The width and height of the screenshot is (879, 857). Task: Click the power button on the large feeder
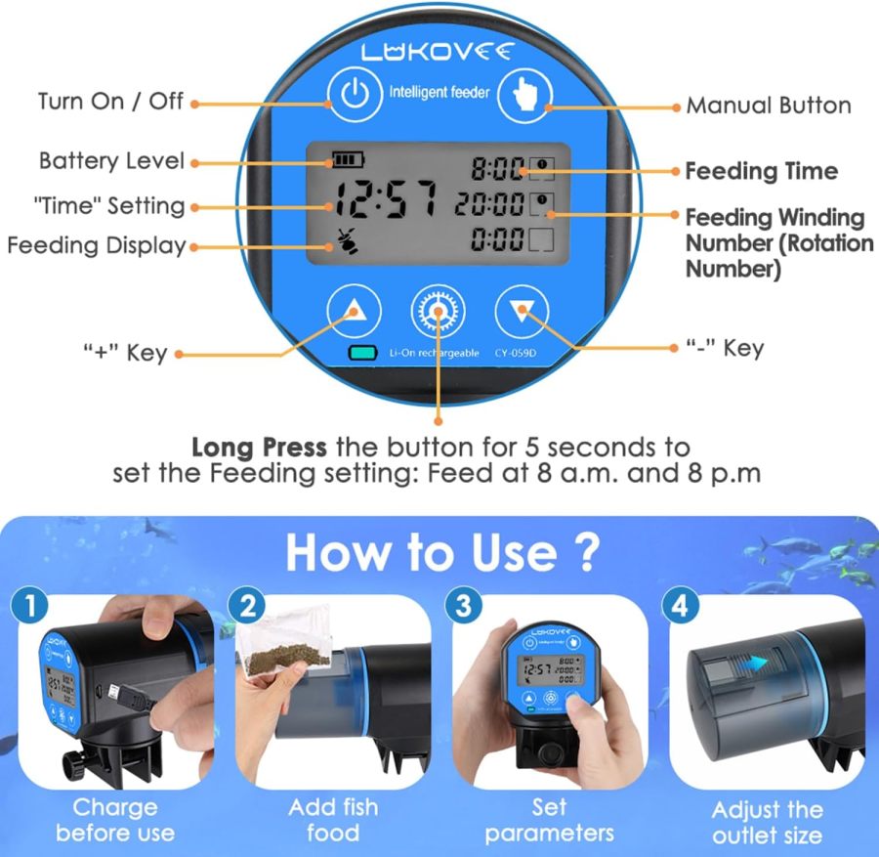355,95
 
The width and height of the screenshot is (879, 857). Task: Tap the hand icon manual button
523,95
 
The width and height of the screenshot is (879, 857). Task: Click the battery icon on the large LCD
346,158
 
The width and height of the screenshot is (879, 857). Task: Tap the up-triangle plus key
352,311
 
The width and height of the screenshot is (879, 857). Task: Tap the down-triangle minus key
522,311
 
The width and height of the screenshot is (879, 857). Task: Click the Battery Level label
110,160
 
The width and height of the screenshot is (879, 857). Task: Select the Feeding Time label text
761,171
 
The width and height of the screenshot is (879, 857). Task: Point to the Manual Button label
768,105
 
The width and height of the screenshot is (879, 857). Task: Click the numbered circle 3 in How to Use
462,606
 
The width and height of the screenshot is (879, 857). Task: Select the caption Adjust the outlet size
766,822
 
